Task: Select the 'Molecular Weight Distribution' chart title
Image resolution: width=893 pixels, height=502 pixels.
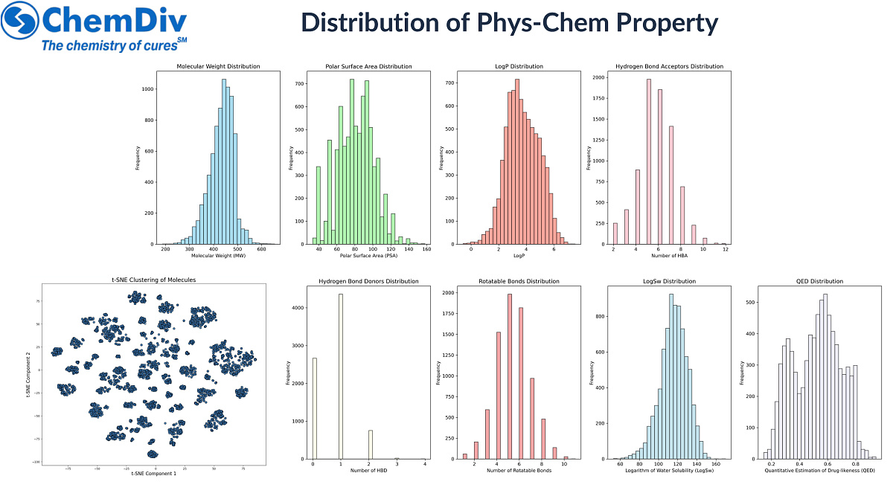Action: click(x=218, y=66)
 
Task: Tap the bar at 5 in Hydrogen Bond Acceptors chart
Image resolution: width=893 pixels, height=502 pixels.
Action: click(x=648, y=161)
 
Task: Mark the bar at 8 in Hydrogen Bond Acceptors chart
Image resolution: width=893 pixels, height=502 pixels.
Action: click(x=682, y=215)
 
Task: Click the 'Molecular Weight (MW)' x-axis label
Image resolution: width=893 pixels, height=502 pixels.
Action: click(x=218, y=256)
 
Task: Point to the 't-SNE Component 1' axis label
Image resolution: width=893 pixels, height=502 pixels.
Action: click(x=153, y=473)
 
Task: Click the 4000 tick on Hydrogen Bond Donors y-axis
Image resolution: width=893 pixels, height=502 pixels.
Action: click(x=298, y=307)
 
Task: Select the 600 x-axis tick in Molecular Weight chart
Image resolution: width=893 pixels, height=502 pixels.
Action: click(x=261, y=250)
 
